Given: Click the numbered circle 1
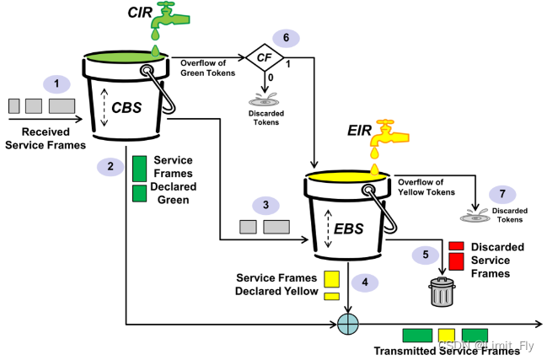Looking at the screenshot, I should point(56,84).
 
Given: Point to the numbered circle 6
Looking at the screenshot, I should point(286,38).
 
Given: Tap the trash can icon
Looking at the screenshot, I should point(441,292).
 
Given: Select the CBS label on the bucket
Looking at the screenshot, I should point(126,108).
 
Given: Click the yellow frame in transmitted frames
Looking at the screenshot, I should point(447,335).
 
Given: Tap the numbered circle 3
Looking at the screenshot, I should point(265,205).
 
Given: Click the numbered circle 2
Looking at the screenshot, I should point(110,167).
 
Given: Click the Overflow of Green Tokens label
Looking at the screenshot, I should point(205,66).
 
